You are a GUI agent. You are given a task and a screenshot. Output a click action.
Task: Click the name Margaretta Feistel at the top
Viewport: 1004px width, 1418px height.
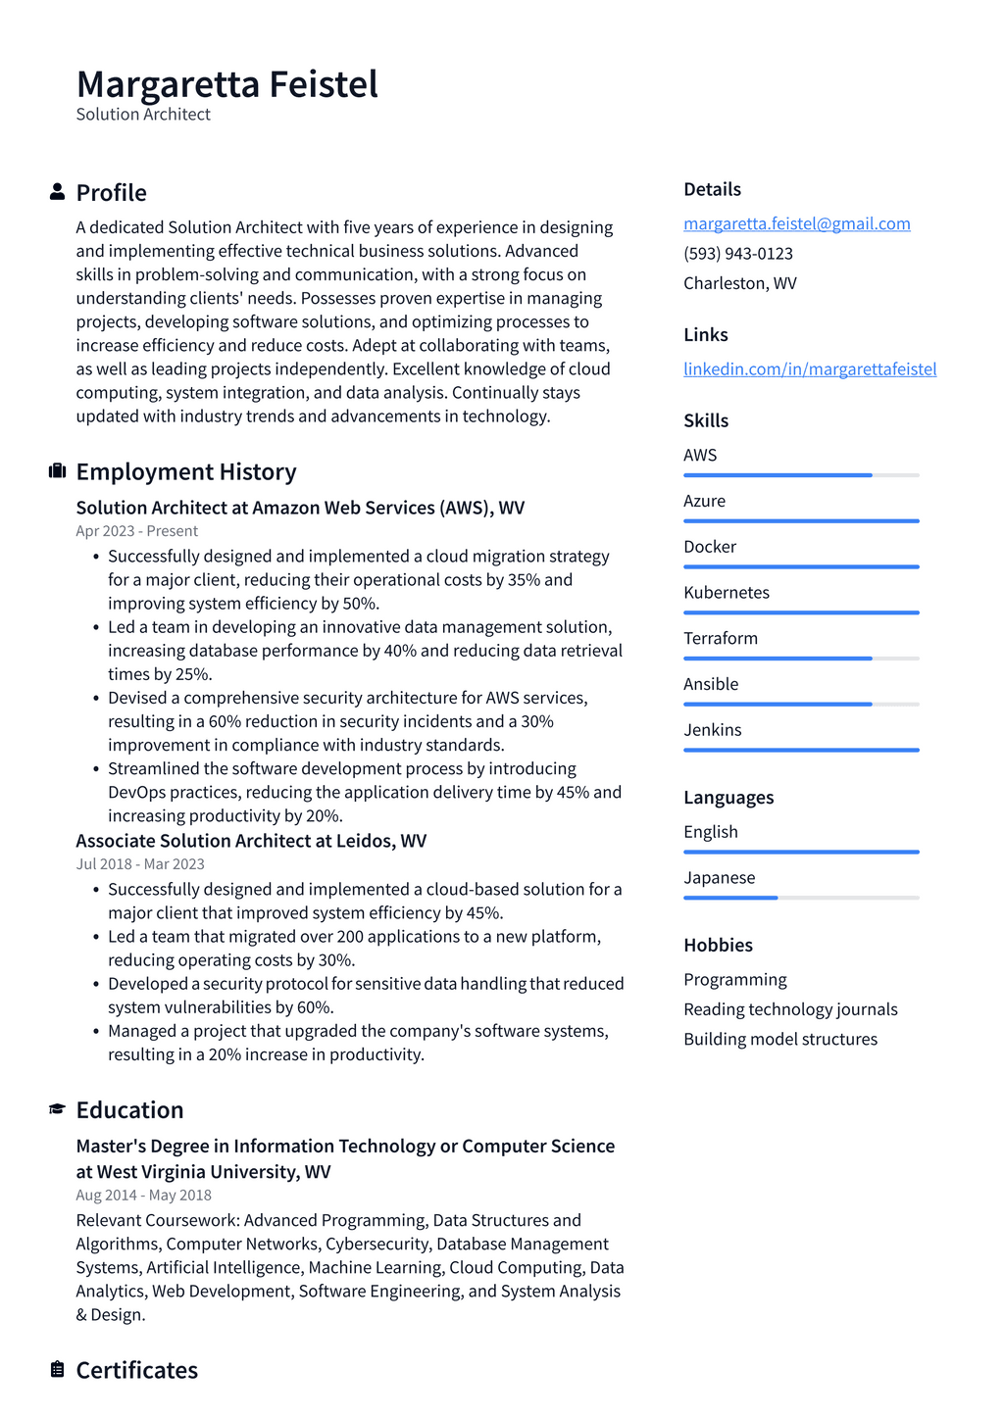point(226,84)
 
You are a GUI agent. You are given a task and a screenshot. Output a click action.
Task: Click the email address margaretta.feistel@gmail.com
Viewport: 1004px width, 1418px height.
point(796,223)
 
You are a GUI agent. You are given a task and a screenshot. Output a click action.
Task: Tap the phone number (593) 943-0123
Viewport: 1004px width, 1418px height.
point(737,253)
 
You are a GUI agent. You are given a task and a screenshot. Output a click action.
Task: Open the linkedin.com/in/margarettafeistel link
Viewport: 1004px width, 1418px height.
point(810,368)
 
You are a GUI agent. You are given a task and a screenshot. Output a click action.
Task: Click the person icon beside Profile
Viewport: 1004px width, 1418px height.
point(57,192)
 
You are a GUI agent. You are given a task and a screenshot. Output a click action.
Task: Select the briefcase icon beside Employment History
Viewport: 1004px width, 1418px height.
point(57,471)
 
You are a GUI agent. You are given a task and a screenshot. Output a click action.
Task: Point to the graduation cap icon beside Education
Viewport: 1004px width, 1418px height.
point(57,1109)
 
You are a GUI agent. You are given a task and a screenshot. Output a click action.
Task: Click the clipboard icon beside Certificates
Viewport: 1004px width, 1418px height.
point(57,1369)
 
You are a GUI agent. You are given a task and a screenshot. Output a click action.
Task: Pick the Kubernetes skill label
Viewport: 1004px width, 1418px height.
point(726,592)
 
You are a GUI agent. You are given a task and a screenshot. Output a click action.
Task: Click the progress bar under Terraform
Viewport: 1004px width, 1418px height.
point(801,659)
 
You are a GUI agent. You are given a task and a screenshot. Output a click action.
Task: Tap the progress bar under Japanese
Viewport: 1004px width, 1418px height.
point(801,898)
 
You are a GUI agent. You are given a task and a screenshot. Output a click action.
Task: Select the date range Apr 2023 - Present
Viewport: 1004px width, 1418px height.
point(136,531)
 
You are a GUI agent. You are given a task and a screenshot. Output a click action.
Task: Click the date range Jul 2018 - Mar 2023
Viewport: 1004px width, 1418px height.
point(140,864)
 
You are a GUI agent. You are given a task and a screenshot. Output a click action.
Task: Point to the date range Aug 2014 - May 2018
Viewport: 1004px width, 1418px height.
point(143,1196)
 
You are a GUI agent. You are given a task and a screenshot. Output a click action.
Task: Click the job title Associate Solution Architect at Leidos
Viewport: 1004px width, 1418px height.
point(251,841)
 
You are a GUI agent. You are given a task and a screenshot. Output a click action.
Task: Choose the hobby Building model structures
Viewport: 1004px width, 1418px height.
point(780,1039)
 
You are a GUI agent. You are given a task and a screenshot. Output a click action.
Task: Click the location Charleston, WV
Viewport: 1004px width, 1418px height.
point(739,283)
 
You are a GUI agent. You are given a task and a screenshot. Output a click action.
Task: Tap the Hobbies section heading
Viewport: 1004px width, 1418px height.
point(718,945)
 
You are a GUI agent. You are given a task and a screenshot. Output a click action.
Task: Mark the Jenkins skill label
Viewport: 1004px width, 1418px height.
point(712,730)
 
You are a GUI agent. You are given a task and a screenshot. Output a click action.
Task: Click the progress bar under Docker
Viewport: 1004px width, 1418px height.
point(801,566)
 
